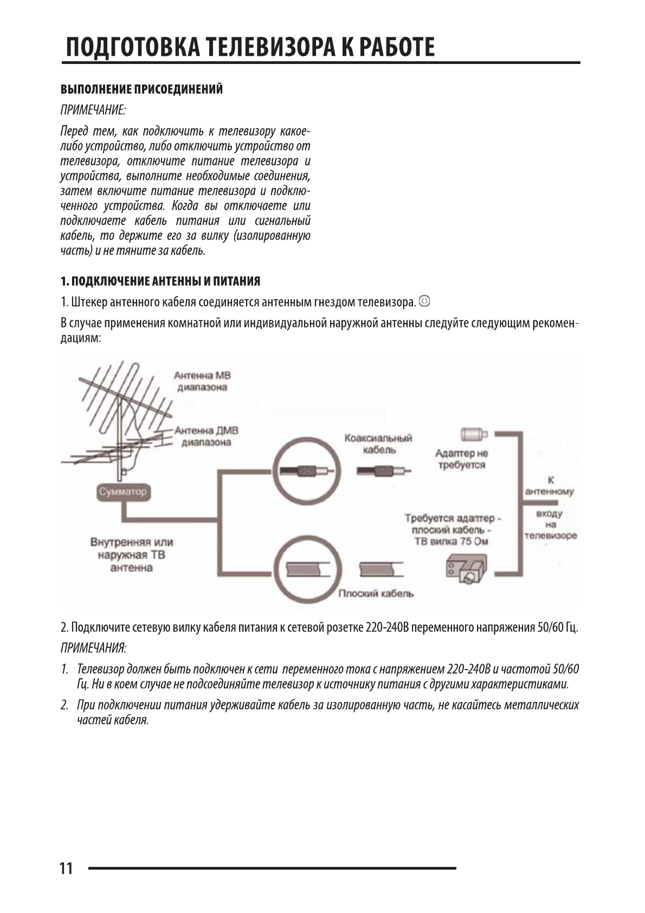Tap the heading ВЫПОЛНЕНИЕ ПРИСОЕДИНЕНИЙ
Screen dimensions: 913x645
[141, 89]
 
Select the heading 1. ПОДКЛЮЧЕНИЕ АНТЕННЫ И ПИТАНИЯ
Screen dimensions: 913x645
[160, 281]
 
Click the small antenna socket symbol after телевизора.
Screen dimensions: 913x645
[425, 300]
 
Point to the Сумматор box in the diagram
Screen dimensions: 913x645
[122, 492]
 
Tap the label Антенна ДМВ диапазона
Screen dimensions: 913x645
[206, 436]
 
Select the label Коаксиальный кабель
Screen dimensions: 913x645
[378, 444]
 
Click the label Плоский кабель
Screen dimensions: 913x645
[376, 594]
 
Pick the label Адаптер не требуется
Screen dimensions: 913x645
[461, 459]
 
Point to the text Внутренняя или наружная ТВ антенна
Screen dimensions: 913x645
[132, 555]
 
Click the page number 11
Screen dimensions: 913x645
[66, 869]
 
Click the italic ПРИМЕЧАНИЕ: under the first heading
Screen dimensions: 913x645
[93, 110]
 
